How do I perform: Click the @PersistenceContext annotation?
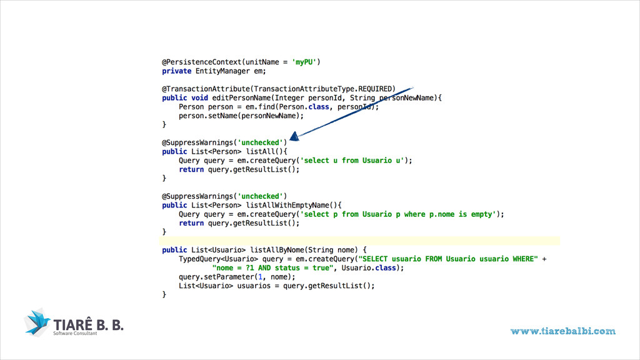point(200,62)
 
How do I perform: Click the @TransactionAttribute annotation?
point(208,89)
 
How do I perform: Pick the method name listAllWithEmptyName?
point(293,205)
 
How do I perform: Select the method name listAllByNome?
point(277,249)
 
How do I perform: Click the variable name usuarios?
point(253,286)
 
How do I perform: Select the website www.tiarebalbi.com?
point(562,331)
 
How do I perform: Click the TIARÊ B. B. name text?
point(88,324)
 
